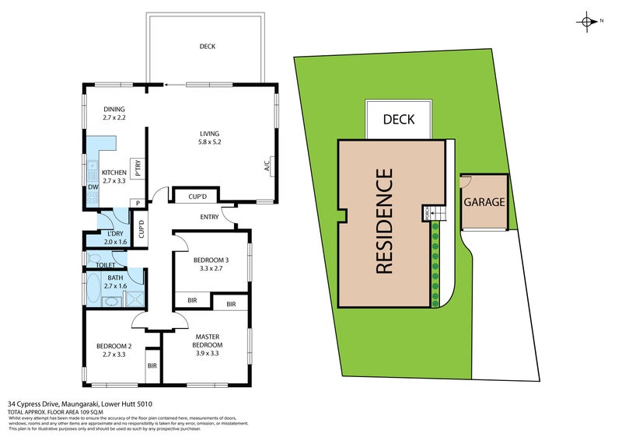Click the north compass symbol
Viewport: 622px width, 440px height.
tap(588, 22)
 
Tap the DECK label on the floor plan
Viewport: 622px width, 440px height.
tap(207, 47)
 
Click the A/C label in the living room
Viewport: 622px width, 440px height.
tap(267, 166)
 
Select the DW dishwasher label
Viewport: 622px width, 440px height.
tap(93, 187)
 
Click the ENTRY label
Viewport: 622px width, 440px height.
tap(209, 217)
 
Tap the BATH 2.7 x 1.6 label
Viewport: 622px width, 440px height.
tap(115, 281)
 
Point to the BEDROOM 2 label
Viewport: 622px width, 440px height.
tap(114, 350)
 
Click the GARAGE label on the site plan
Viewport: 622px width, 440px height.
tap(484, 202)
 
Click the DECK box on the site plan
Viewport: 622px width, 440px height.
tap(397, 120)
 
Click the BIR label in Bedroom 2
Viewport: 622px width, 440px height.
tap(152, 365)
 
